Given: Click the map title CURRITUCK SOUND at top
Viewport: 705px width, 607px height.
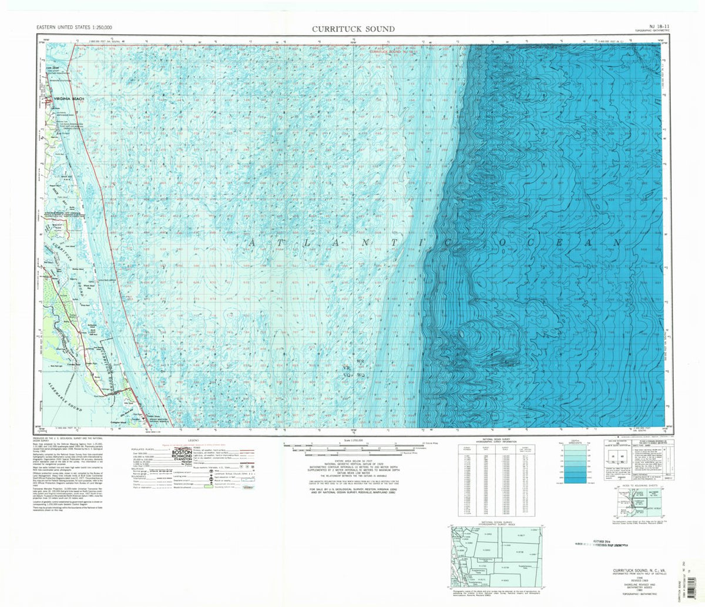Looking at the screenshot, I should pyautogui.click(x=353, y=29).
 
